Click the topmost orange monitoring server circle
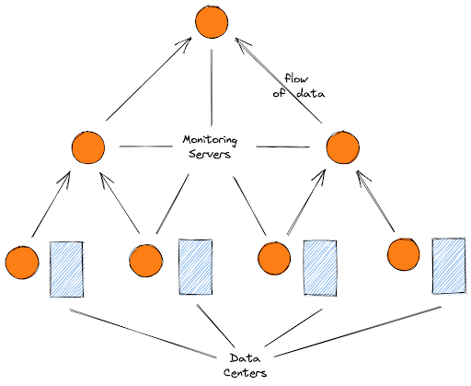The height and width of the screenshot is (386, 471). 212,22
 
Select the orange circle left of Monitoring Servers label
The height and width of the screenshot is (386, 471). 88,147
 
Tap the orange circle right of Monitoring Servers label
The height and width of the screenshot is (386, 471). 343,147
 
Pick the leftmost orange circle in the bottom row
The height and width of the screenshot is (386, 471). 22,262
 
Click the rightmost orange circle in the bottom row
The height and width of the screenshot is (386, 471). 404,254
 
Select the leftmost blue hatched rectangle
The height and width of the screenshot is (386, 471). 67,269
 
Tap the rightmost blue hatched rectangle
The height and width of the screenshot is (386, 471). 449,265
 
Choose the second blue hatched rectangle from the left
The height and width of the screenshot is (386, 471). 196,267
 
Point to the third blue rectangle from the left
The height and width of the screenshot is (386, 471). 320,268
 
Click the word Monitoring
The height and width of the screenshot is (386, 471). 210,140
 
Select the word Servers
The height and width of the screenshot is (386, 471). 210,154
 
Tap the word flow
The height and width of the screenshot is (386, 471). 296,78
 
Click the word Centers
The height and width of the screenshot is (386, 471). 245,373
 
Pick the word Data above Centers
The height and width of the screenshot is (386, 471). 245,358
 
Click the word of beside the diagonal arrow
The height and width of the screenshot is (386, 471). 279,93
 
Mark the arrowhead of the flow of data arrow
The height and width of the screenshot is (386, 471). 235,39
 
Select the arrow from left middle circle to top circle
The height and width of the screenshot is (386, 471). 149,78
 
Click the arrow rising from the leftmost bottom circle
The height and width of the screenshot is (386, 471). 51,205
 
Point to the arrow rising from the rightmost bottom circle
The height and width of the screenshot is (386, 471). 375,201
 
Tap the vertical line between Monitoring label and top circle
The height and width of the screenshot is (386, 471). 212,88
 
